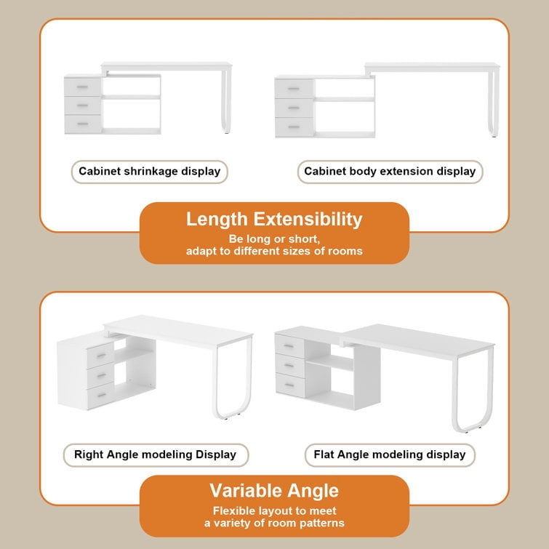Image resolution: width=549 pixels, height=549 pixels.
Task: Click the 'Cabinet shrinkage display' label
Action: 149,172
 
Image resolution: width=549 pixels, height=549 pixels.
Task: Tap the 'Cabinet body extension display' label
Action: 390,172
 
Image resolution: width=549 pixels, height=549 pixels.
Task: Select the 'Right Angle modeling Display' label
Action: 155,454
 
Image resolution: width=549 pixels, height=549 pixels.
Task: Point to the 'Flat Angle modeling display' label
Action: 389,454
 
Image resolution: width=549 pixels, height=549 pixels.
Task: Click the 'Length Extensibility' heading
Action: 273,219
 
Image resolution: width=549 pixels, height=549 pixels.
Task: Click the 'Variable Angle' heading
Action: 273,489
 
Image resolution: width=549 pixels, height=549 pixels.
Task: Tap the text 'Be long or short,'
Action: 273,239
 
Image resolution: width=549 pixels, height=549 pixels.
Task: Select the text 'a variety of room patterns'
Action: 273,523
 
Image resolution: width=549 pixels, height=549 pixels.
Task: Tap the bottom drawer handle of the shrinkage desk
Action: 83,124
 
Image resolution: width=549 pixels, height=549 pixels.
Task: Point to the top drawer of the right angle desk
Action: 100,354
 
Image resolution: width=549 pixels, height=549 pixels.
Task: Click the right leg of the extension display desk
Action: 495,102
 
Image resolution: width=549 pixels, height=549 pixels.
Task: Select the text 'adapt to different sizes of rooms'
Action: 273,252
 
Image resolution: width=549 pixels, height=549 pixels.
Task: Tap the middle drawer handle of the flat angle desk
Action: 289,364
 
